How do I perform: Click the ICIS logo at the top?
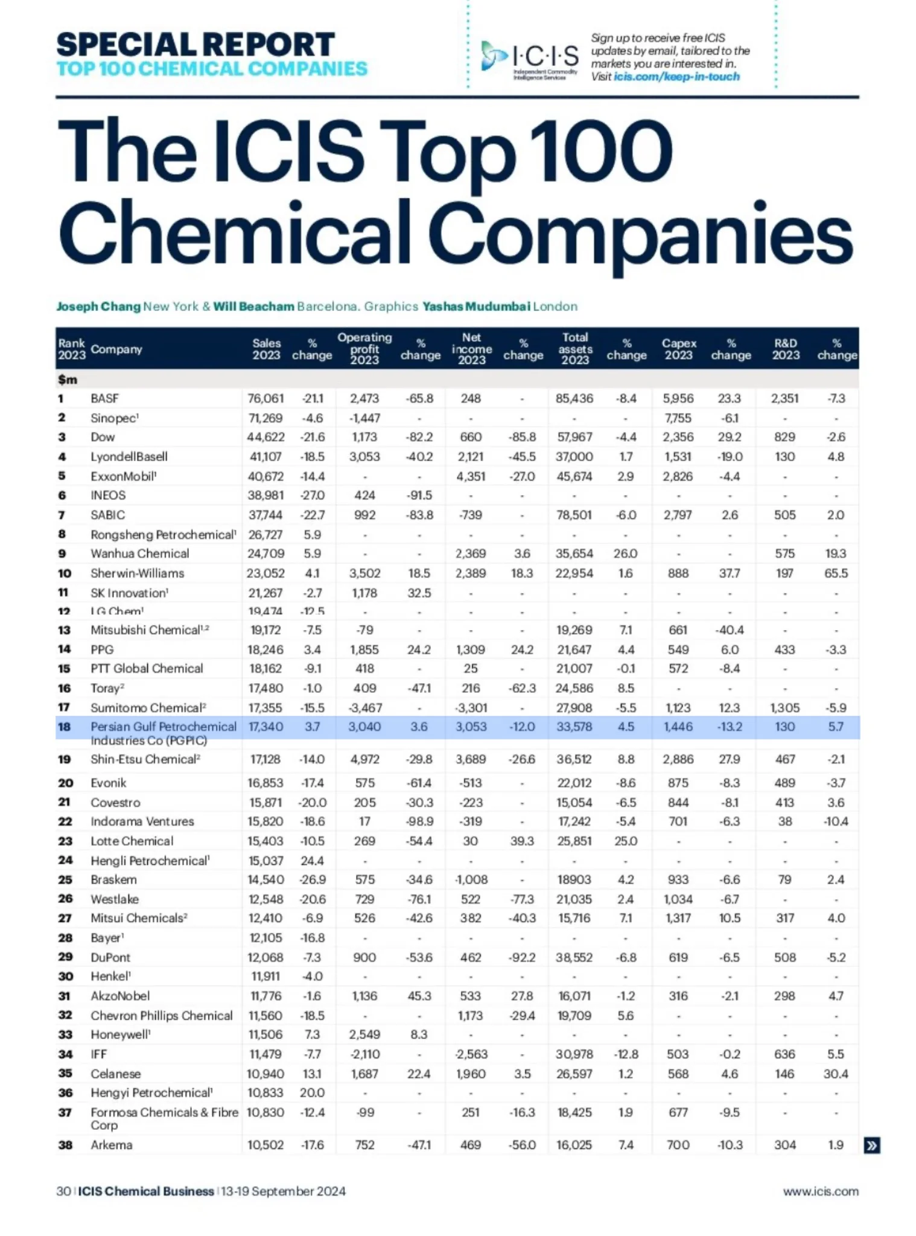point(529,58)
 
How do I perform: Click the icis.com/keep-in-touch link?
point(676,77)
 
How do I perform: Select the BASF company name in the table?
point(104,398)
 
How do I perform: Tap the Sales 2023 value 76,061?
point(266,398)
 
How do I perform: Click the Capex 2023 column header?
point(679,349)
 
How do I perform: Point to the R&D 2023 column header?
point(785,349)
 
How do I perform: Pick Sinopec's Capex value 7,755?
point(678,418)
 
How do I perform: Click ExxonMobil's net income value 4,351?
point(471,476)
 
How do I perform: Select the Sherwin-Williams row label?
point(137,573)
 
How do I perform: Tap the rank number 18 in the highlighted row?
point(65,727)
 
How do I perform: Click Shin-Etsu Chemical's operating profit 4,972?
point(364,759)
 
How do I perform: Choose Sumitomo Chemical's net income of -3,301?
point(471,707)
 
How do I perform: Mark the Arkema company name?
point(111,1145)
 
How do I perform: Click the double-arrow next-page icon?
point(872,1145)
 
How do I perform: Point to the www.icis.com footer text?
point(821,1191)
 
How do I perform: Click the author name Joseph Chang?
point(98,306)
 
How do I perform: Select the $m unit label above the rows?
point(68,380)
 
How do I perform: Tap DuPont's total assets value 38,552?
point(574,957)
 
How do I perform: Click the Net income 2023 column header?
point(471,349)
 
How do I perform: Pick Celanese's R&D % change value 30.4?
point(836,1074)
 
